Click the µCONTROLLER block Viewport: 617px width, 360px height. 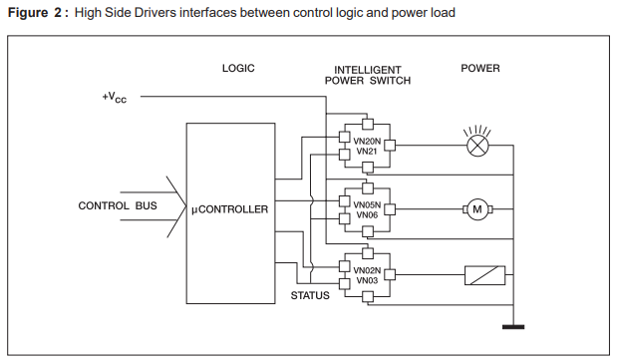point(229,209)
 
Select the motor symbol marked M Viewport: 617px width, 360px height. point(475,208)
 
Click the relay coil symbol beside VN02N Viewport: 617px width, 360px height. point(485,275)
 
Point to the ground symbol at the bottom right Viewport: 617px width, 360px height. point(514,324)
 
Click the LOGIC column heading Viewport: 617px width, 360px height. point(238,69)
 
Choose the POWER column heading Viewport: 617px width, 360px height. point(480,69)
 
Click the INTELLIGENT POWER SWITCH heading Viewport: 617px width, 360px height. point(367,76)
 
